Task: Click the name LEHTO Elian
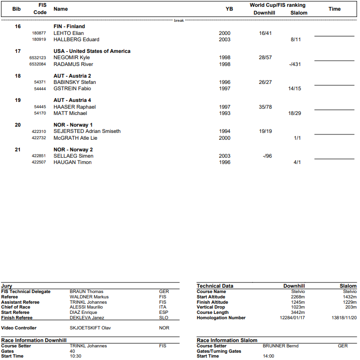tap(69, 33)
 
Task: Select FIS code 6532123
tap(37, 58)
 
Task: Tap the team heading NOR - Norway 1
tap(73, 125)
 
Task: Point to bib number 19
tap(18, 100)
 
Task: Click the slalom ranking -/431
tap(295, 64)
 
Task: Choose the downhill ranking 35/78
tap(265, 107)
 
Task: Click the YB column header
tap(229, 9)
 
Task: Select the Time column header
tap(334, 9)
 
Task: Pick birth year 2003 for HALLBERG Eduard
tap(225, 39)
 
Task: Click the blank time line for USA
tap(334, 60)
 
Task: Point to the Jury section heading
tap(7, 286)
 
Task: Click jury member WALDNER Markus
tap(89, 297)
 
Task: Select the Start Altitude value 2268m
tap(298, 297)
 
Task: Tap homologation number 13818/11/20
tap(344, 318)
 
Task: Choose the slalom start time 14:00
tap(269, 356)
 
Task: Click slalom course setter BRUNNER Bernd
tap(280, 346)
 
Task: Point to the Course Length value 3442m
tap(298, 312)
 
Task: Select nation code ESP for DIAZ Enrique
tap(163, 312)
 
